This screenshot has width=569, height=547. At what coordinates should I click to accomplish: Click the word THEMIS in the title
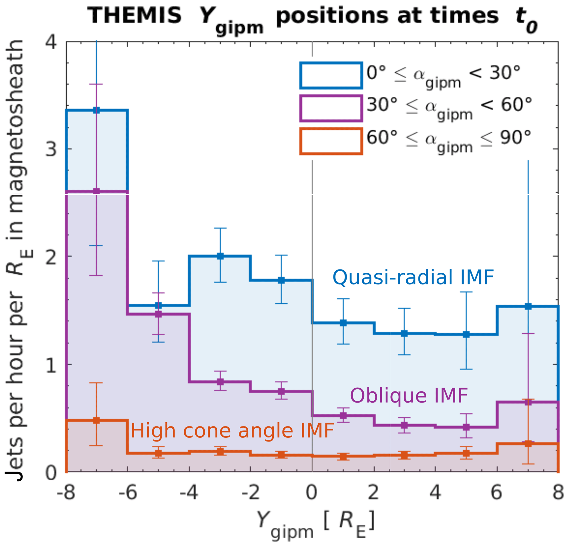134,16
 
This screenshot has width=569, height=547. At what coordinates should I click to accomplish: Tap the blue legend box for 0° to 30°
331,75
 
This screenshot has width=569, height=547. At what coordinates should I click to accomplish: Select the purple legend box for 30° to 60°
331,108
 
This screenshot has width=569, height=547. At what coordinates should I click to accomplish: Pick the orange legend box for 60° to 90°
331,141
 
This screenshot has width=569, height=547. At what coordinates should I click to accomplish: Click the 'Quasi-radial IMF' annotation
413,277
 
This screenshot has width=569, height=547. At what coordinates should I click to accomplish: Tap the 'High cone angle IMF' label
232,431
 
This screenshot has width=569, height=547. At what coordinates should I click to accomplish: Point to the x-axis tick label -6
128,493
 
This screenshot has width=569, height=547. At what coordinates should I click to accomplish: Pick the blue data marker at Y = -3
220,256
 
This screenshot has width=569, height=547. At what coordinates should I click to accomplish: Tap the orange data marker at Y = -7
96,420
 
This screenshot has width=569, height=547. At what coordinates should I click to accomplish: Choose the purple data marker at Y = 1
343,415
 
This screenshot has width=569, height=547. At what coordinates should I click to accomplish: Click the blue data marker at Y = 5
466,334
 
